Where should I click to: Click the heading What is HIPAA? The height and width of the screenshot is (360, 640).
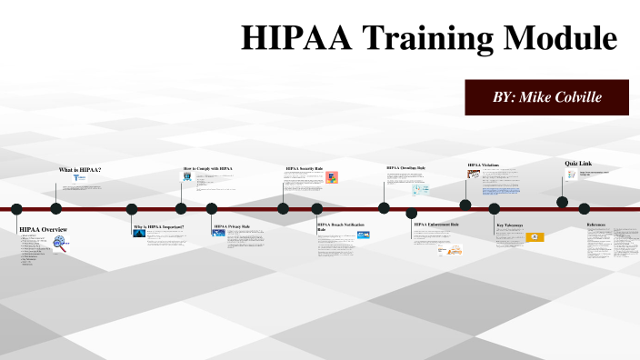point(80,170)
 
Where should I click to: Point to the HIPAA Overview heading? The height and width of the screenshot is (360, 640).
point(43,229)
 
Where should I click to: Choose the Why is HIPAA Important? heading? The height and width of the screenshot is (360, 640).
point(159,226)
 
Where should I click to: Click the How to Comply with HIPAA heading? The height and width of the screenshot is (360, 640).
point(208,168)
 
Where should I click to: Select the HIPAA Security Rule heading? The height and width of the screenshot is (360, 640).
point(305,168)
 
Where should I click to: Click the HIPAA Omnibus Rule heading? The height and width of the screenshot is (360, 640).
point(405,168)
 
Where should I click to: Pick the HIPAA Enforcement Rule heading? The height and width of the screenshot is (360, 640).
point(436,224)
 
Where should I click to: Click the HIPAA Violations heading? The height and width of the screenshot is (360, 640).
point(484,165)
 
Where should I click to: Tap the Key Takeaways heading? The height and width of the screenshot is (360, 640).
point(510,225)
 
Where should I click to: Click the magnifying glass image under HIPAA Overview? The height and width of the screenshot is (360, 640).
point(61,244)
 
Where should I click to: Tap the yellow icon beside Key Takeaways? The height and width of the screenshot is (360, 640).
point(535,237)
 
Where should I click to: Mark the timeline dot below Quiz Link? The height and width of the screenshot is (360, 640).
point(563,202)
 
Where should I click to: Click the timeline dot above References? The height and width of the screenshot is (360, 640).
point(585,208)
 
